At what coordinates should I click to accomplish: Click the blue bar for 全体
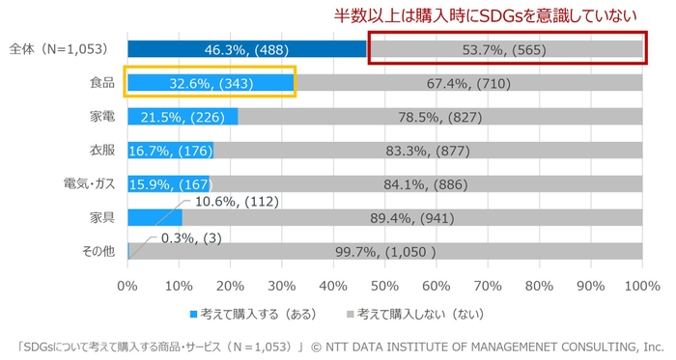pos(246,48)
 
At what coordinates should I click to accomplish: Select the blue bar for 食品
pos(211,83)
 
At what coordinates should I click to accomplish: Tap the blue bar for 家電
pos(183,117)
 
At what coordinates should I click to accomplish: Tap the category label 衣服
pos(101,150)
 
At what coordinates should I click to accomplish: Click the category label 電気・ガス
pos(88,183)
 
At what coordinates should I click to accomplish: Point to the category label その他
pos(98,251)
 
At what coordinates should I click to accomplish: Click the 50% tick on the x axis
pos(384,286)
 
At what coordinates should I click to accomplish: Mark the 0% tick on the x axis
pos(127,286)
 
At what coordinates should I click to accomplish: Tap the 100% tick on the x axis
pos(641,286)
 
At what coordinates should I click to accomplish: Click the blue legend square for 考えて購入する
pos(193,314)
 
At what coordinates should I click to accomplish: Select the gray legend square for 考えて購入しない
pos(350,314)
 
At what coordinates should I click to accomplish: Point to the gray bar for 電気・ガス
pos(425,183)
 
